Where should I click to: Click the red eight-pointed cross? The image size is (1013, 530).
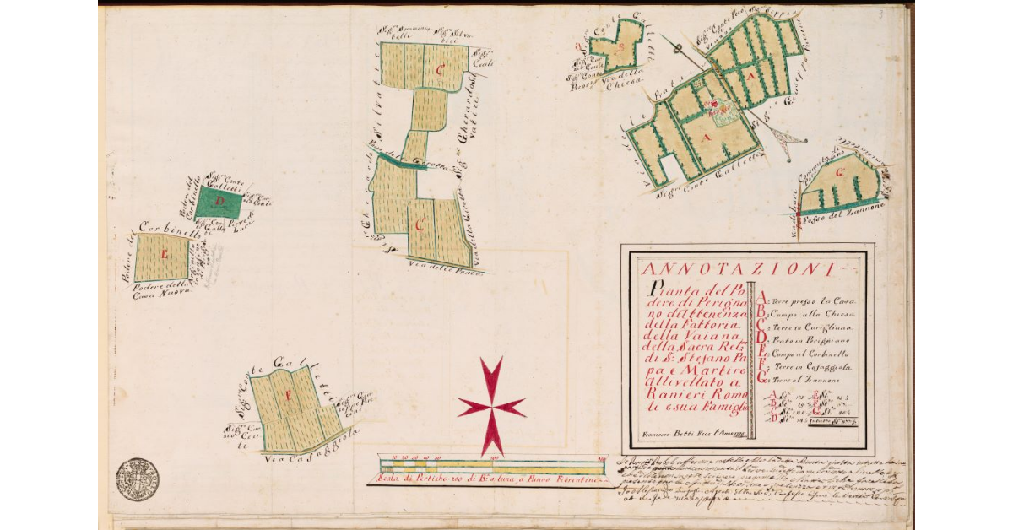[x=490, y=406]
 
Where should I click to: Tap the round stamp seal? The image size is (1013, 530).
[x=137, y=479]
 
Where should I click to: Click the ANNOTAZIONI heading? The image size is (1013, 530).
[x=737, y=270]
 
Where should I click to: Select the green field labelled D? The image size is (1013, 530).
[x=219, y=203]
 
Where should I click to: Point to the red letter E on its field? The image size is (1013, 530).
[x=163, y=254]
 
